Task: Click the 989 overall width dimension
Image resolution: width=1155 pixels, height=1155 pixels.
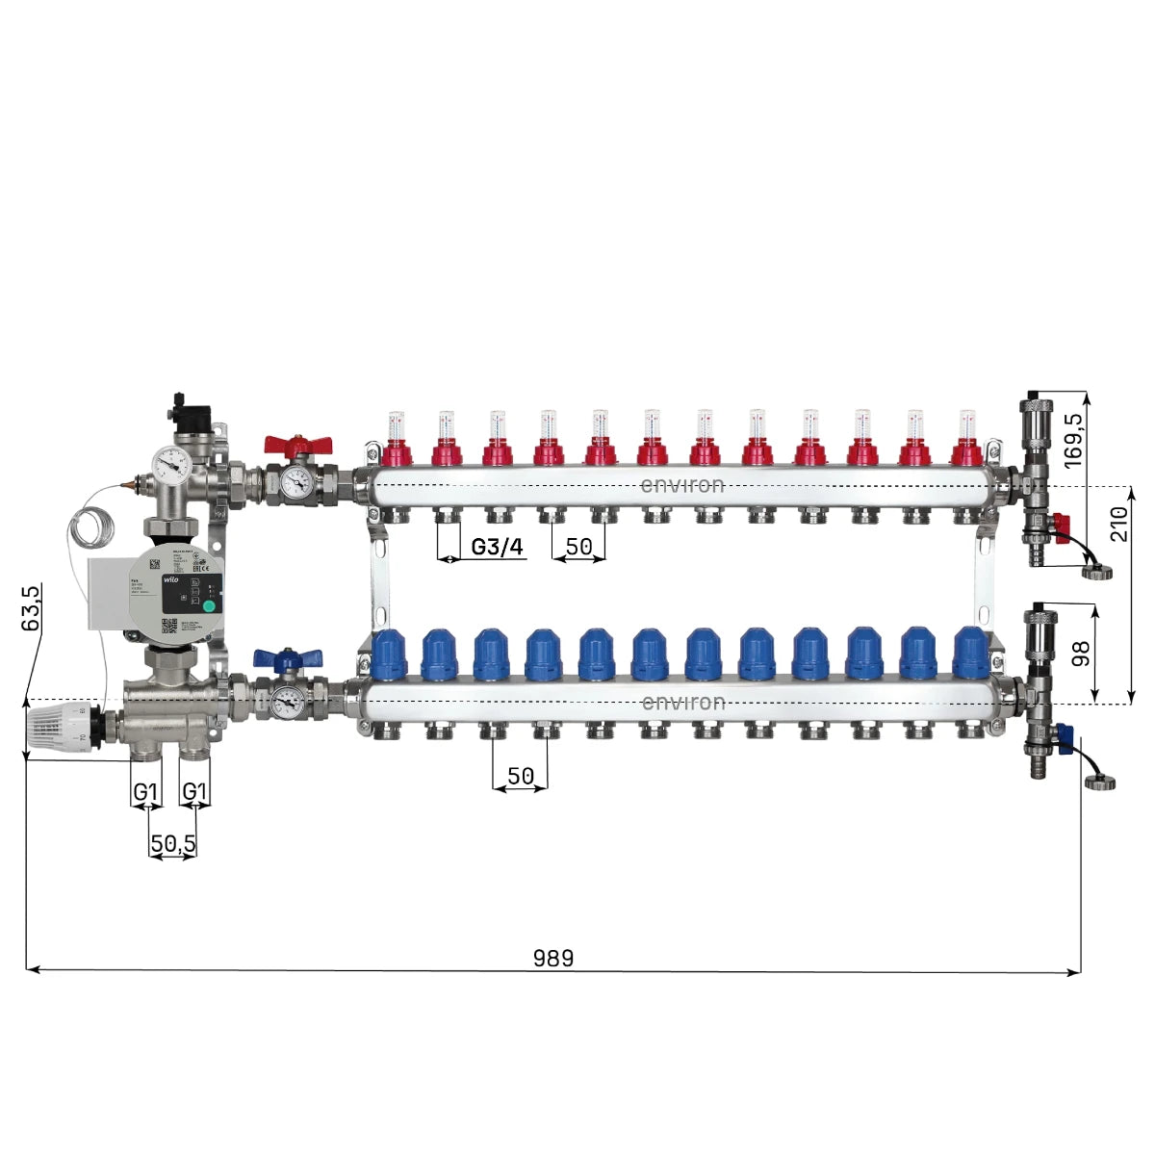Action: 552,958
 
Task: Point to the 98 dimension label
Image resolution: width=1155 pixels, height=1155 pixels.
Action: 1080,654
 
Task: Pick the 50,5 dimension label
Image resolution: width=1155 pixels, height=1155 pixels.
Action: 172,844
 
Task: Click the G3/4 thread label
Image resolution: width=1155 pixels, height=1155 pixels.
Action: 497,548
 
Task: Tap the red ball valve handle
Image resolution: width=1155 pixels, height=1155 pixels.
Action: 298,445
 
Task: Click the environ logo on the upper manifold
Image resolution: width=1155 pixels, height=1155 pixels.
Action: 682,484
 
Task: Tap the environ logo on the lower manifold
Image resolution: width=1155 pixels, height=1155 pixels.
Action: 682,703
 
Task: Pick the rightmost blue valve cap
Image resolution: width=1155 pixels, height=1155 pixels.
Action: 969,652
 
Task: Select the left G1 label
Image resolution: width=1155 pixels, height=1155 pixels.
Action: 145,791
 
